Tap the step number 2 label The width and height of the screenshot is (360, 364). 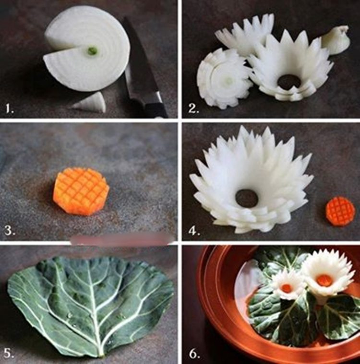pos(193,109)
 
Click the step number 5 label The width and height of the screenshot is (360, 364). pos(9,353)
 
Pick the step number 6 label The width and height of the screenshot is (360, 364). pos(194,353)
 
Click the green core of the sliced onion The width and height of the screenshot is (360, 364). pos(92,50)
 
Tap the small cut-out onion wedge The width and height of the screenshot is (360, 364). pos(89,102)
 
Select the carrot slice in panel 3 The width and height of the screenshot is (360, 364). pos(81,191)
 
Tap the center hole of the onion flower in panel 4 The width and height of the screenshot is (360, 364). pos(247,198)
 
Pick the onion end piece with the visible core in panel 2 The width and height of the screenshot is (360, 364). pos(223,79)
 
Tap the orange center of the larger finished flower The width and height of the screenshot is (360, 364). pos(324,279)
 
